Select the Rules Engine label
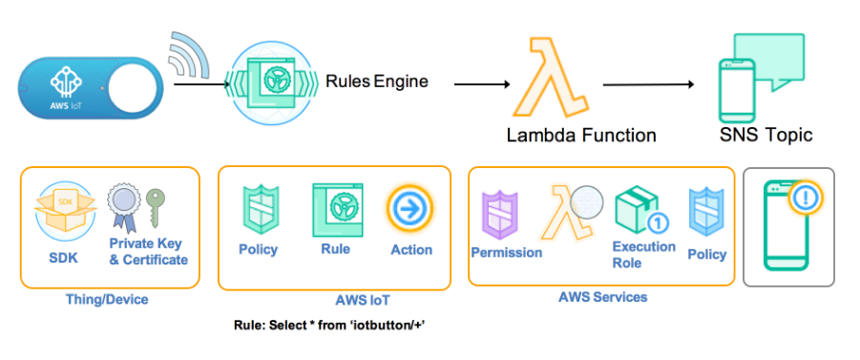coord(377,81)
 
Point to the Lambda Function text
coord(581,135)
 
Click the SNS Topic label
coord(766,135)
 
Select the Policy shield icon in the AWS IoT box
coord(258,209)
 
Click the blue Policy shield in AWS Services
coord(706,214)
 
